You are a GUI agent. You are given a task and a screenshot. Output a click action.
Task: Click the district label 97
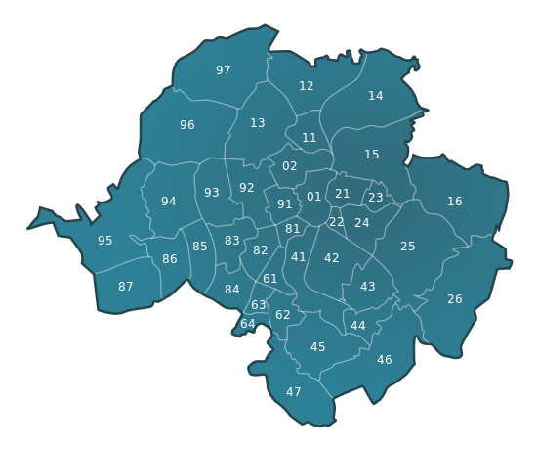[x=224, y=70]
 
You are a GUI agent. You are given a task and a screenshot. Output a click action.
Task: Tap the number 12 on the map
[x=307, y=86]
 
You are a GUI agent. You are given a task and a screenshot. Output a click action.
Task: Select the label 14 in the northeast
[x=376, y=96]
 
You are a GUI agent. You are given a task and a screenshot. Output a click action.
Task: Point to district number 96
[x=187, y=125]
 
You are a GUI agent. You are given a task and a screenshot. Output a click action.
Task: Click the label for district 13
[x=258, y=123]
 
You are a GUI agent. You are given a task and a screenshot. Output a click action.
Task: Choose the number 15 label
[x=372, y=155]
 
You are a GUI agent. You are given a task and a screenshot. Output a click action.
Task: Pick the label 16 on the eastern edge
[x=455, y=202]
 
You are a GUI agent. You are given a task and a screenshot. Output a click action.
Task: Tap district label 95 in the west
[x=105, y=241]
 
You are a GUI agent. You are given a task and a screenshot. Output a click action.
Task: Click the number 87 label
[x=126, y=287]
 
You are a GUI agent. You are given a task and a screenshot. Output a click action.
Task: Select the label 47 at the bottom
[x=294, y=392]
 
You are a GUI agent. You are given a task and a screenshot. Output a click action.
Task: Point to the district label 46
[x=385, y=360]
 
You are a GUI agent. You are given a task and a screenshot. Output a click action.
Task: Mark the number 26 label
[x=455, y=299]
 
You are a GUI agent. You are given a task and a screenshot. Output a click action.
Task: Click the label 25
[x=408, y=247]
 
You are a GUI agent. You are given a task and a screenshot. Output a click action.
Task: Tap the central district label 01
[x=314, y=197]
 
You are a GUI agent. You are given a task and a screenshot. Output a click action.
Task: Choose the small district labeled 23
[x=376, y=198]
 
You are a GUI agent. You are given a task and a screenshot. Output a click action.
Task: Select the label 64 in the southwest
[x=248, y=324]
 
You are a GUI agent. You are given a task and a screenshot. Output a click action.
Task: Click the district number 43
[x=368, y=287]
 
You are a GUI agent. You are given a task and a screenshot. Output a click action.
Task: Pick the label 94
[x=169, y=202]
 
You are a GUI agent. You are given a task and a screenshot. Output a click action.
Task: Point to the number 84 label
[x=232, y=290]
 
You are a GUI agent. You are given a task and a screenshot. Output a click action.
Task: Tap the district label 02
[x=290, y=166]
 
